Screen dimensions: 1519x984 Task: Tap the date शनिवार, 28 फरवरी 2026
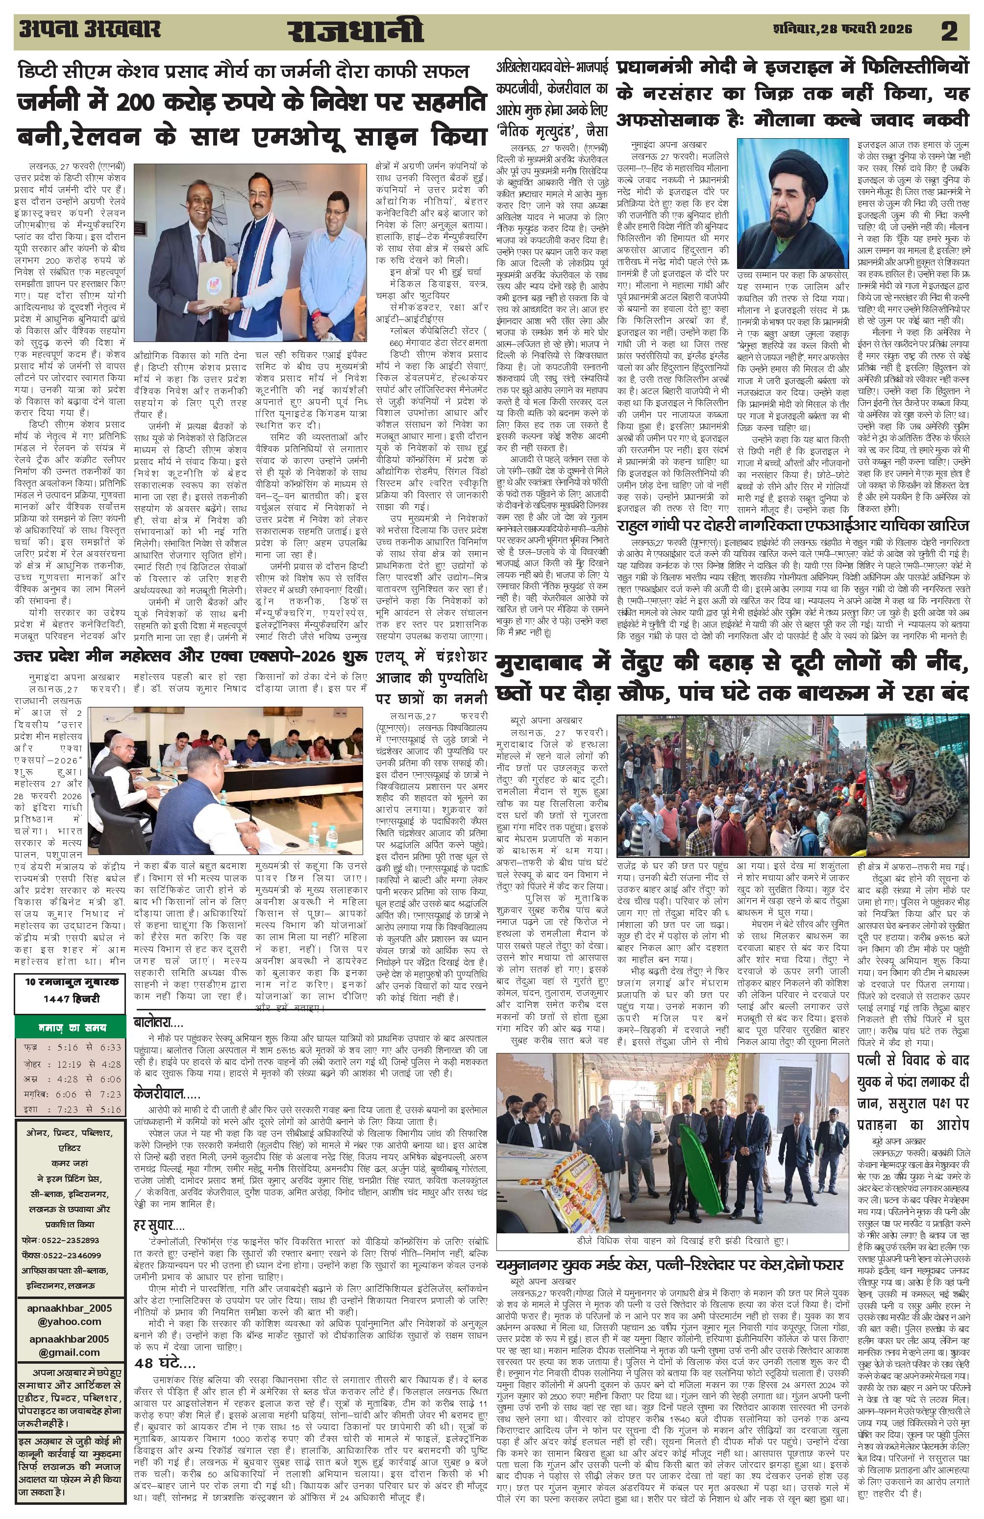coord(842,29)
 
